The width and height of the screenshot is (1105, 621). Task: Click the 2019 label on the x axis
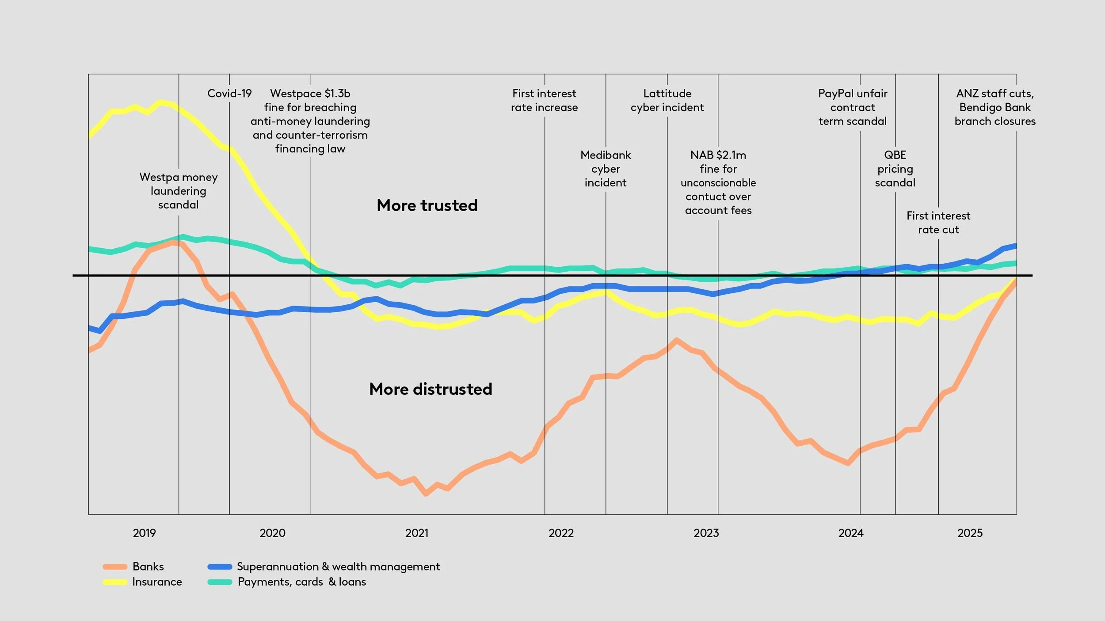(144, 533)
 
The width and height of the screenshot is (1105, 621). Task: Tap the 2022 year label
(561, 533)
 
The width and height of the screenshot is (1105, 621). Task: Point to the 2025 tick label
(970, 533)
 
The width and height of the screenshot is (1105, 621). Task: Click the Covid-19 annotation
(229, 94)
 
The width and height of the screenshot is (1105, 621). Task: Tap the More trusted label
(427, 205)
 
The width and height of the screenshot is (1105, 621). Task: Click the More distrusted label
(431, 389)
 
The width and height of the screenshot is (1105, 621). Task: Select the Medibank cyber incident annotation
(606, 169)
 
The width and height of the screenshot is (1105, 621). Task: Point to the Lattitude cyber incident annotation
(667, 100)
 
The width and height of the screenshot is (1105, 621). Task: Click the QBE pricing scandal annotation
(895, 169)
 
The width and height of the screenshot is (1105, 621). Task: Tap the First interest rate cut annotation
(938, 223)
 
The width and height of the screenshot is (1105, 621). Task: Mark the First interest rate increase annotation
(544, 100)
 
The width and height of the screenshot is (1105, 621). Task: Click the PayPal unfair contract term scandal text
(852, 107)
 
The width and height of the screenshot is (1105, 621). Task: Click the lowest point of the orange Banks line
(426, 494)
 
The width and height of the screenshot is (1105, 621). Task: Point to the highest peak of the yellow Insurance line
(161, 102)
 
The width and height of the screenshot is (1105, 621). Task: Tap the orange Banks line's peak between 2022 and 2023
(676, 340)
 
